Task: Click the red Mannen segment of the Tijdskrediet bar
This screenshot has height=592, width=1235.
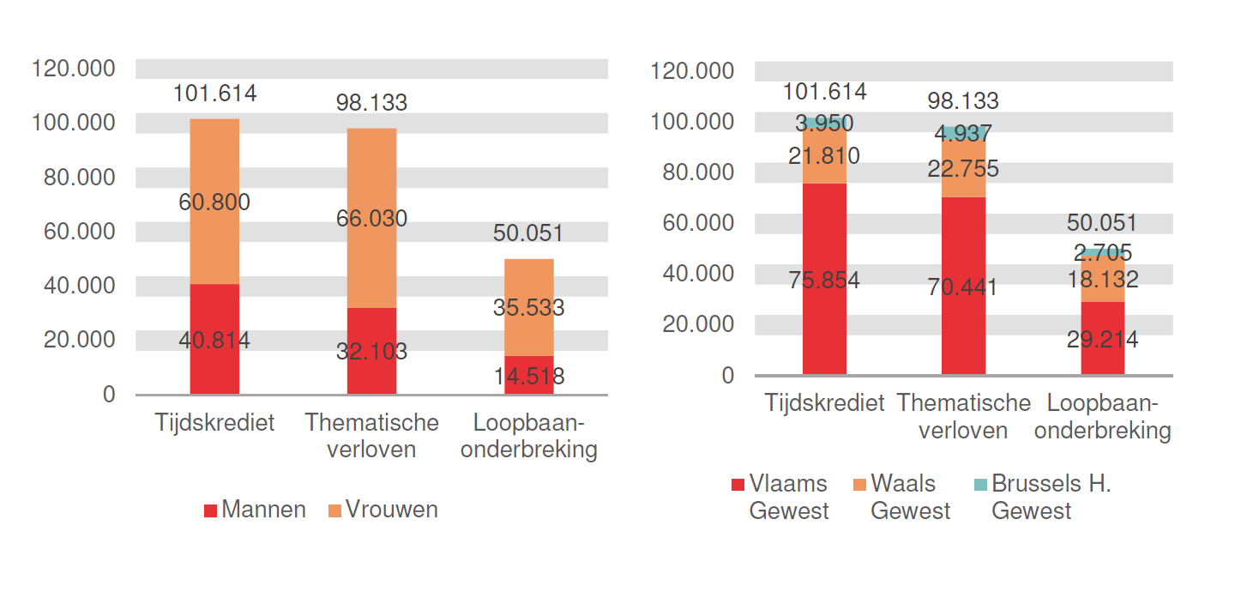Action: tap(214, 339)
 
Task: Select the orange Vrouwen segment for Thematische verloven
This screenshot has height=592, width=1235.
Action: tap(371, 218)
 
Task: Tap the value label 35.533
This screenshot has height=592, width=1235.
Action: tap(528, 307)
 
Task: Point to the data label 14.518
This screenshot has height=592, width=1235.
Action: tap(528, 377)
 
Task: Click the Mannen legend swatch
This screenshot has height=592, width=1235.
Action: tap(210, 510)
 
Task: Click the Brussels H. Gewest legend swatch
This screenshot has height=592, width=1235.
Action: tap(980, 485)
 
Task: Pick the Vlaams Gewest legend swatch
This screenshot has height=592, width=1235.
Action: tap(738, 485)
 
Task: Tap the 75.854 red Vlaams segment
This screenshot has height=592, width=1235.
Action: tap(824, 280)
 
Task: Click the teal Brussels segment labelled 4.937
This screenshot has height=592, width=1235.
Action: tap(963, 133)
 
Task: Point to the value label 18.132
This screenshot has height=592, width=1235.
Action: tap(1103, 280)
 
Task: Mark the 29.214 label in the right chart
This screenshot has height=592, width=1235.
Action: tap(1103, 340)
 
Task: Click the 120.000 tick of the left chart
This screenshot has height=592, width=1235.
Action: tap(73, 68)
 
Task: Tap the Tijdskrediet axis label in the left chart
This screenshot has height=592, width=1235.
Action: tap(215, 423)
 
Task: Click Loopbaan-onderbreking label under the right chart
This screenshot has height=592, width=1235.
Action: tap(1103, 417)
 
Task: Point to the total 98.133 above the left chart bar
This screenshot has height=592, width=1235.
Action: tap(371, 103)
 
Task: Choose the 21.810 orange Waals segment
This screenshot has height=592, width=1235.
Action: tap(824, 156)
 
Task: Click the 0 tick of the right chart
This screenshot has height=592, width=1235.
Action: tap(728, 376)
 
